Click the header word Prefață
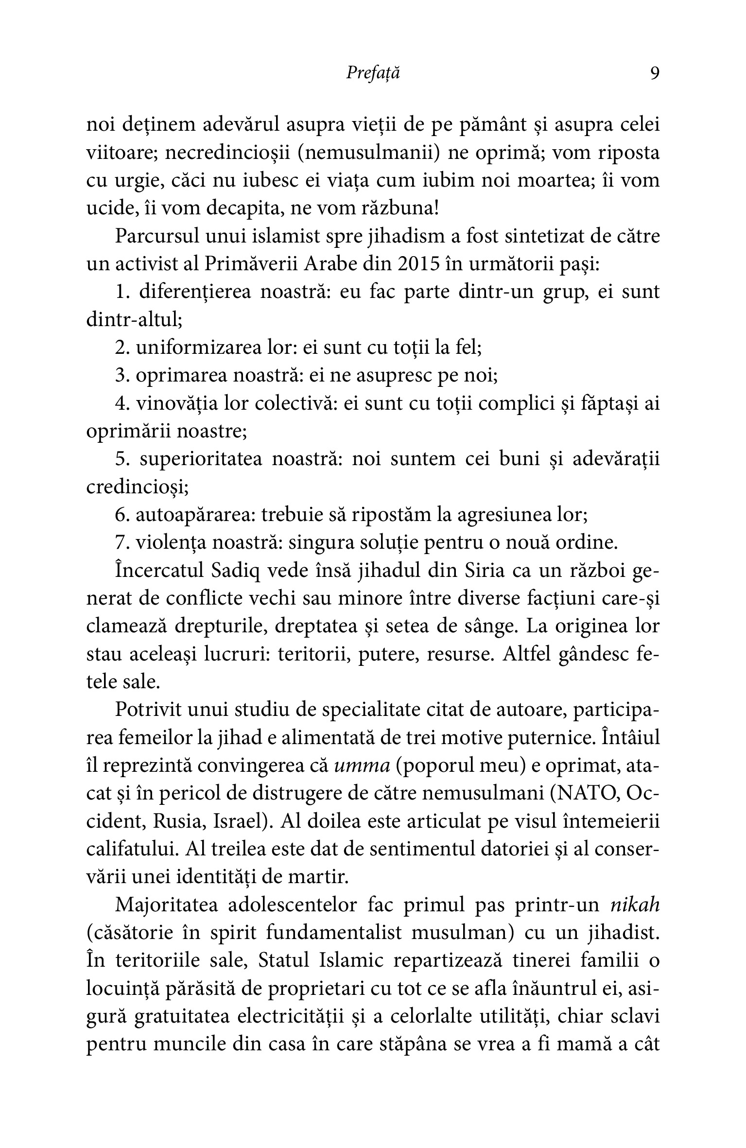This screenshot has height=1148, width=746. (x=373, y=73)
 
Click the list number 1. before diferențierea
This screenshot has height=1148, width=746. (x=124, y=292)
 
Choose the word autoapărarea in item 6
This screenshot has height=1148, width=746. (x=195, y=515)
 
